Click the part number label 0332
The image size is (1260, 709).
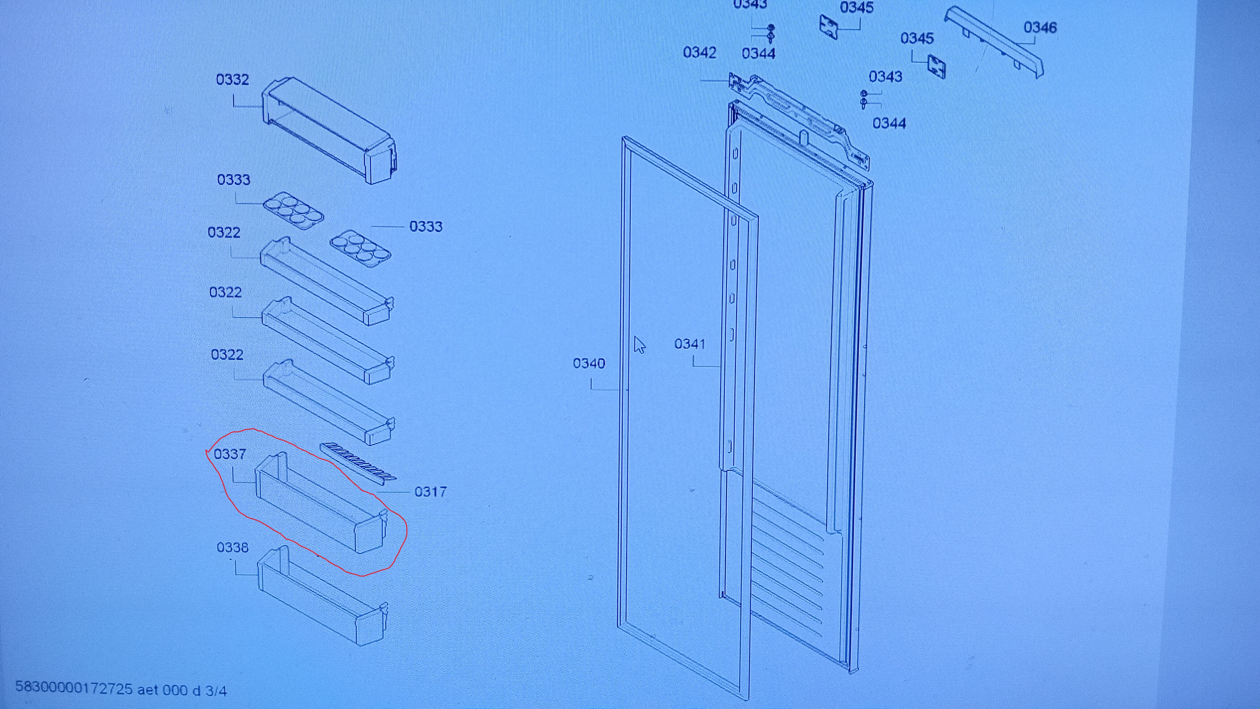(x=232, y=79)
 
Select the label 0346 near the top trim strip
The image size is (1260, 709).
(x=1040, y=27)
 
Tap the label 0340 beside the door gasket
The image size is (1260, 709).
(x=589, y=363)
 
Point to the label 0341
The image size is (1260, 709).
(x=690, y=344)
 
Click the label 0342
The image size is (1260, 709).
(x=699, y=52)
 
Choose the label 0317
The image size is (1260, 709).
(x=430, y=491)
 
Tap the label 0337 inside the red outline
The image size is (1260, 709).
(x=230, y=454)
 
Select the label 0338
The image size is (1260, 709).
(x=232, y=547)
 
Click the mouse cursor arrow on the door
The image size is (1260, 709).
(x=639, y=344)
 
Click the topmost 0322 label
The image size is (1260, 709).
(x=224, y=232)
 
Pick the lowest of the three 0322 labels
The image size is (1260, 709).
(x=227, y=354)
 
